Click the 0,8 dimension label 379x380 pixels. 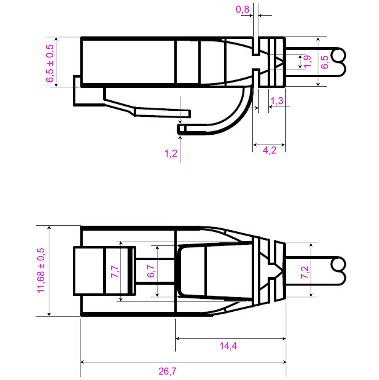tap(242, 8)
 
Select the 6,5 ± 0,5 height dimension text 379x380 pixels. tap(50, 62)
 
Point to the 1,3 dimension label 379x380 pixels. tap(277, 101)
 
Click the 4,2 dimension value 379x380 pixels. tap(270, 151)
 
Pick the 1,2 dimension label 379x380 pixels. tap(171, 153)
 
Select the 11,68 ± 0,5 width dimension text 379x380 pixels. tap(41, 270)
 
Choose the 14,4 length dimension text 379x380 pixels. tap(228, 346)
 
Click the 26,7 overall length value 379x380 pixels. tap(168, 371)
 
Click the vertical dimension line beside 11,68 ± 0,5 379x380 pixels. tap(49, 270)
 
